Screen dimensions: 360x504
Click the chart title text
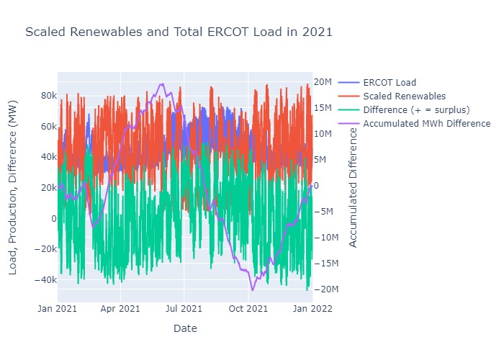(x=179, y=32)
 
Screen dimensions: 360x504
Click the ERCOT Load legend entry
(x=390, y=82)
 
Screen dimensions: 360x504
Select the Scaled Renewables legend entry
(x=404, y=96)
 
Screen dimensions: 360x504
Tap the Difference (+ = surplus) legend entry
(x=416, y=109)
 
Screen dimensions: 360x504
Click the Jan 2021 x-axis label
(x=58, y=309)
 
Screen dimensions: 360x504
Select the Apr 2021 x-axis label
(x=120, y=309)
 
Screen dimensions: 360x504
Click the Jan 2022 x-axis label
(x=311, y=309)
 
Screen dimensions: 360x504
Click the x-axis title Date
(x=185, y=328)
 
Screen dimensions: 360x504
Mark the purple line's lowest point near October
(x=253, y=289)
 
